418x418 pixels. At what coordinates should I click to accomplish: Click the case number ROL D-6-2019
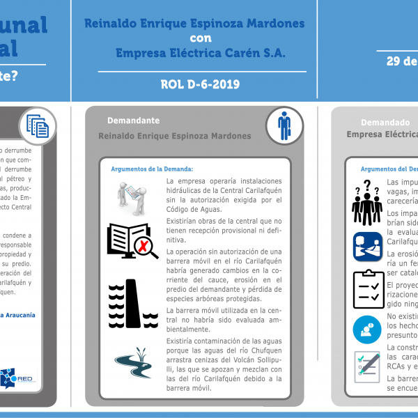pyautogui.click(x=200, y=84)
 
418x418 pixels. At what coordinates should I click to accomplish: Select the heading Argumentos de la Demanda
pyautogui.click(x=152, y=169)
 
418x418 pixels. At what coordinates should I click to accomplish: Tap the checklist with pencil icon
pyautogui.click(x=367, y=366)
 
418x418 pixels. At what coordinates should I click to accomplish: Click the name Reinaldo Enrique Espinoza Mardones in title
pyautogui.click(x=194, y=23)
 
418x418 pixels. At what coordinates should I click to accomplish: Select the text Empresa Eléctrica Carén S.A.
pyautogui.click(x=201, y=53)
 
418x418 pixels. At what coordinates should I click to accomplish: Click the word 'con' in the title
pyautogui.click(x=201, y=38)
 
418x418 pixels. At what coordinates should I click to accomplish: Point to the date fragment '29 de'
pyautogui.click(x=402, y=61)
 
